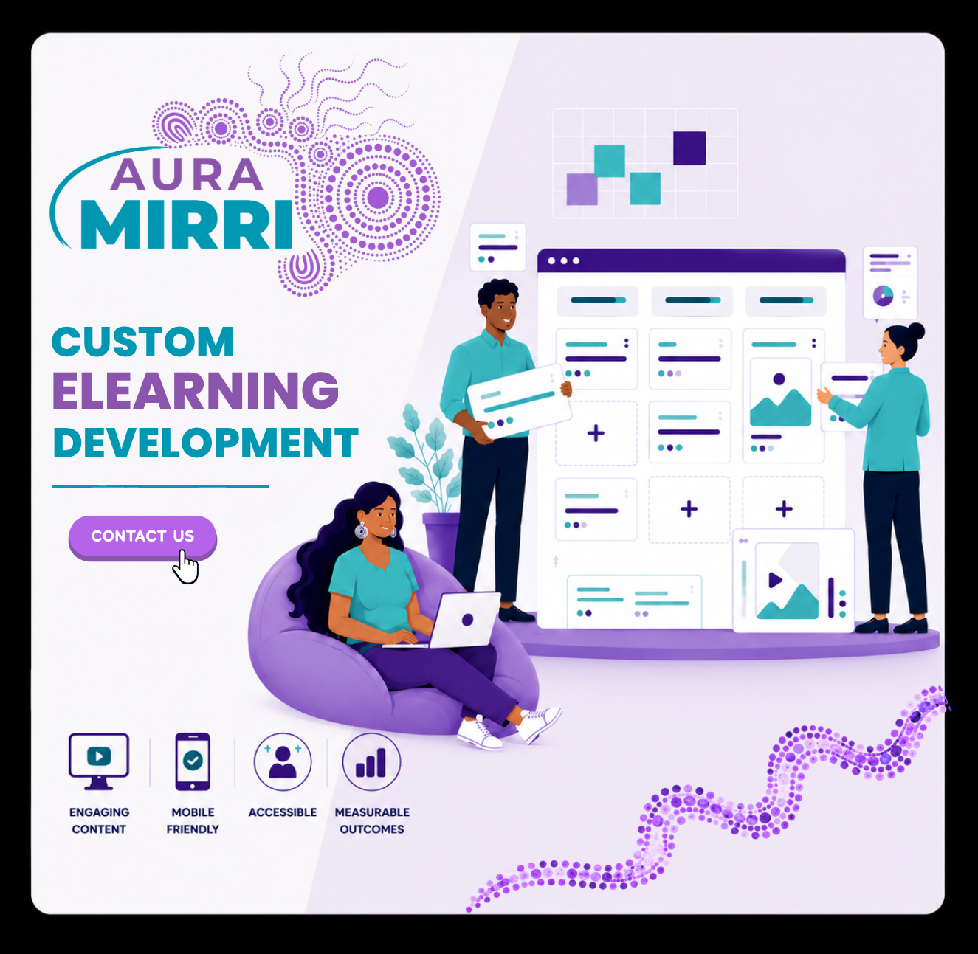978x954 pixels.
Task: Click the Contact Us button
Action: coord(142,536)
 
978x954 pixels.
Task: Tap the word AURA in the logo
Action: coord(187,174)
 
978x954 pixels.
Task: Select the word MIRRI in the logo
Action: coord(187,224)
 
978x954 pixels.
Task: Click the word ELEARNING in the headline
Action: coord(196,390)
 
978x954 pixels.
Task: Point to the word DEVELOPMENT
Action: coord(205,443)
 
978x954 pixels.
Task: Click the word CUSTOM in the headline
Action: coord(143,342)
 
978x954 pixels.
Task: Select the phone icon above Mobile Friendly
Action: coord(193,761)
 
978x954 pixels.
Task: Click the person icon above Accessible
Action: coord(283,761)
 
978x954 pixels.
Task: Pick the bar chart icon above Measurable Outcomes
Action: coord(371,761)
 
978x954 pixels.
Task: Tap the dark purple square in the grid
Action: coord(689,148)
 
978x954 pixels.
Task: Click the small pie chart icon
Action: coord(883,296)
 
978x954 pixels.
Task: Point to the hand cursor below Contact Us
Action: coord(185,567)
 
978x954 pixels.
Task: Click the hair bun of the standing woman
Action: coord(916,331)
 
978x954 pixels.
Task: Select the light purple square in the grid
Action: coord(582,190)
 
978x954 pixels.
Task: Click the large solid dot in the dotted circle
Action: coord(377,197)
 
